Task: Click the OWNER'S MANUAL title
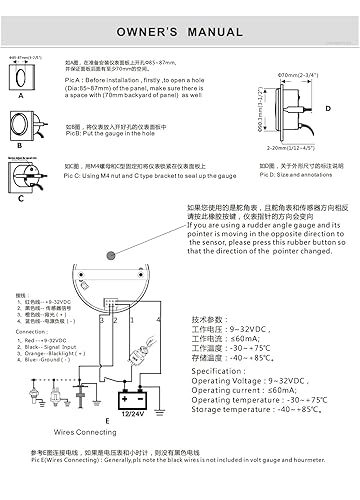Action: (180, 31)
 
